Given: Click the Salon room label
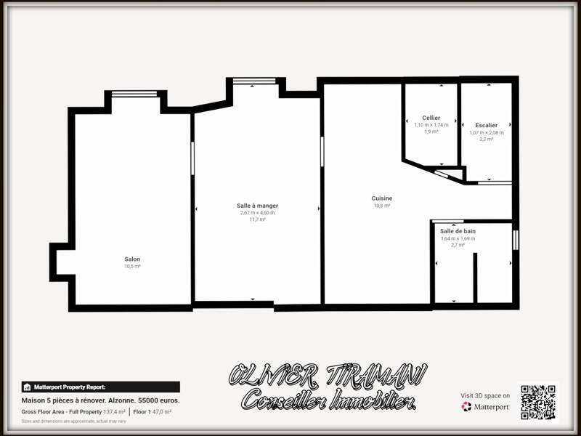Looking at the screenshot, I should (132, 259).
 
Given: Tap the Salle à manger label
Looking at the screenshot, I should (257, 206).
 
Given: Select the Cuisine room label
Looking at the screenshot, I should (382, 198).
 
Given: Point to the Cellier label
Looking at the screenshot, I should (431, 118).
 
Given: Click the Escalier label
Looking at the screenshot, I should (487, 125).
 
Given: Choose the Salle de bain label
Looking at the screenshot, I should (458, 231).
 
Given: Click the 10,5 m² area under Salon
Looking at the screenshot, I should (132, 267).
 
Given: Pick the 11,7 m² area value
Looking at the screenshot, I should (257, 219).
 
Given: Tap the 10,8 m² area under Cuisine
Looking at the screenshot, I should (382, 206).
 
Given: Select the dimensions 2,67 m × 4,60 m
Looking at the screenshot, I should (257, 212).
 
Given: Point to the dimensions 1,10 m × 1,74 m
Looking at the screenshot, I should (431, 125).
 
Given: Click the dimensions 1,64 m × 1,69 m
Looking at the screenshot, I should (458, 238).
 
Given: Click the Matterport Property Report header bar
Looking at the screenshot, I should (100, 387).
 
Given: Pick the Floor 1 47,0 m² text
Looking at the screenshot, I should (152, 412).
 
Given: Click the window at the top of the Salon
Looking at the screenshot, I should (134, 93).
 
